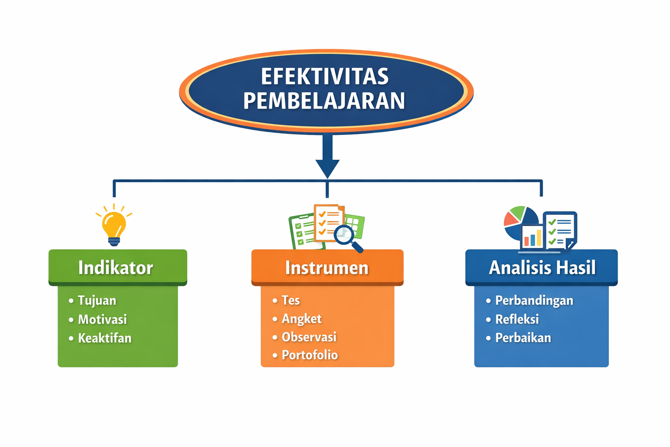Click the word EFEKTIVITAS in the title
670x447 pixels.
(325, 76)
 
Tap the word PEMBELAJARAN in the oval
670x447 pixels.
(324, 101)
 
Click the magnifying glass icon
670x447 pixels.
(347, 237)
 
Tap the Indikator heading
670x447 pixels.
(116, 268)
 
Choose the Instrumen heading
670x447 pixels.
(327, 268)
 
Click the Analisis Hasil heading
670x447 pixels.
(542, 268)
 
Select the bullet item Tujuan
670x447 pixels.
(97, 300)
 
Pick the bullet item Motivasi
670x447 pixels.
(102, 319)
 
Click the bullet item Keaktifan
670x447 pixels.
(105, 338)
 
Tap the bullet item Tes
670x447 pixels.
(291, 300)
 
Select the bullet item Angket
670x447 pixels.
(301, 319)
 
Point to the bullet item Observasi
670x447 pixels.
(309, 337)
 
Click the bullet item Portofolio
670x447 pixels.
(310, 355)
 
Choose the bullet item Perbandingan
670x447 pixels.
(534, 300)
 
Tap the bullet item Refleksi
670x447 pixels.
(517, 319)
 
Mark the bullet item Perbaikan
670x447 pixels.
(523, 338)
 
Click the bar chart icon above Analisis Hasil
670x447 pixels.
(533, 238)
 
